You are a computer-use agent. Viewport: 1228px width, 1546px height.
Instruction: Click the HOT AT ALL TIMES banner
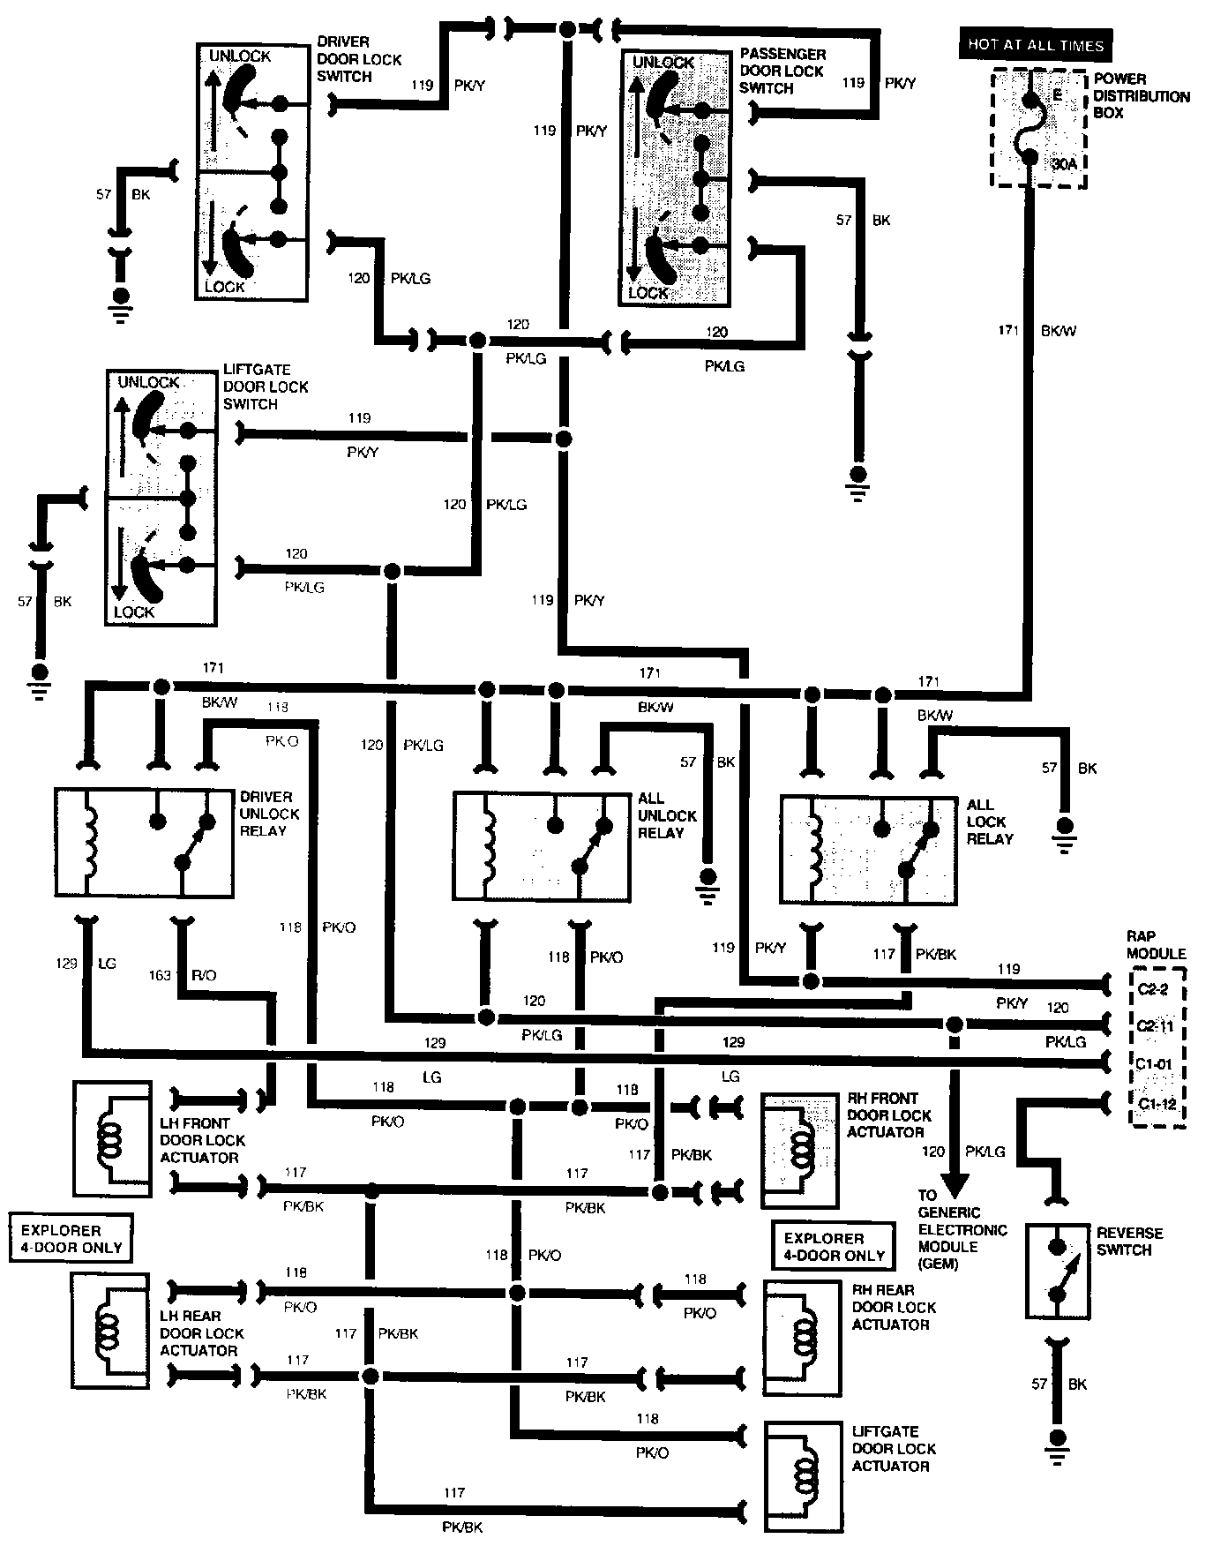(1036, 45)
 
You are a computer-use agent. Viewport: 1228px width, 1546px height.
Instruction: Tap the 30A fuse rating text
(1065, 164)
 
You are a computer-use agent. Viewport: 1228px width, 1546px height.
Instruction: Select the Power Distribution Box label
(1142, 96)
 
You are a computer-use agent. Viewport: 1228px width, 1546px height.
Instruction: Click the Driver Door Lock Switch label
(359, 59)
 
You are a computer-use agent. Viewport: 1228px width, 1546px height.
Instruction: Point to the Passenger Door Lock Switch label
(782, 71)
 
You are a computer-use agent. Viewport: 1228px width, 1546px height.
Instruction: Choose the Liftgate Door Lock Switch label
(266, 386)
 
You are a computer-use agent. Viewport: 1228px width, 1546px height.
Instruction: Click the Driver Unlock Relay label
(269, 814)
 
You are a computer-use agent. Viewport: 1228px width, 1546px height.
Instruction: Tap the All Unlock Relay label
(667, 815)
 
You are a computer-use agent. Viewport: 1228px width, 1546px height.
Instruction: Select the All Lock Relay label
(990, 822)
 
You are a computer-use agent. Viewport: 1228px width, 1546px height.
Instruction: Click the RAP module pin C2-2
(1152, 989)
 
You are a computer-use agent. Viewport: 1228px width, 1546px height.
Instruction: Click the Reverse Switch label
(1129, 1242)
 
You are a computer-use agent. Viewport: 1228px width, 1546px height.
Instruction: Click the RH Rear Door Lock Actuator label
(894, 1307)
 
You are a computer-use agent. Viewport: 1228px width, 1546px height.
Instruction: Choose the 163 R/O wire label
(183, 975)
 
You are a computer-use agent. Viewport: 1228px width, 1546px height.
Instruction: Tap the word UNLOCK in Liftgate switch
(148, 382)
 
